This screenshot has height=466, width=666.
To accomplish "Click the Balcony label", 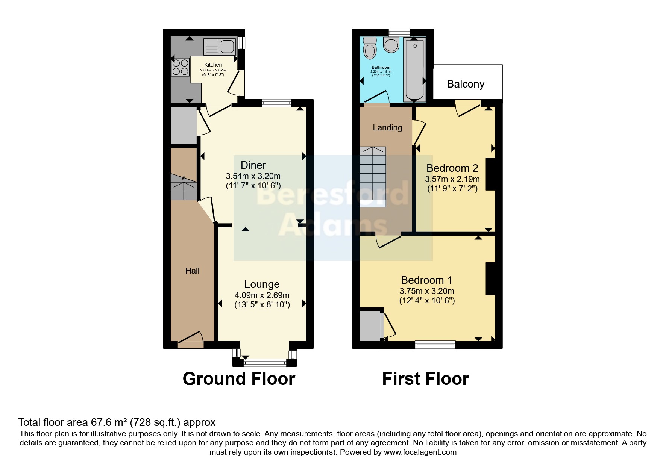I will [x=465, y=84].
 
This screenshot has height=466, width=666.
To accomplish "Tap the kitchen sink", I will [x=219, y=47].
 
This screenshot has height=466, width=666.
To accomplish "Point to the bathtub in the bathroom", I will [x=414, y=69].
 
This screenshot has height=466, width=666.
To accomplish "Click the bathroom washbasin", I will [x=391, y=45].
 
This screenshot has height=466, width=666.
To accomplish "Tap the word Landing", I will [x=387, y=127].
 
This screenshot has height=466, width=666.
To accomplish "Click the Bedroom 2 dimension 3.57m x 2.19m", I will [x=452, y=179].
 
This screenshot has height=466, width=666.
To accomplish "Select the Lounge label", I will [x=262, y=284].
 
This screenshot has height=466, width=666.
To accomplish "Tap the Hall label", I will [x=192, y=271].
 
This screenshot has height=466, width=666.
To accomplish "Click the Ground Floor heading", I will [x=239, y=379].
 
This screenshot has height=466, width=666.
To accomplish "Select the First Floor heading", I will [x=425, y=379].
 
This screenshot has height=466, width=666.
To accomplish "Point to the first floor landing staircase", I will [x=373, y=177].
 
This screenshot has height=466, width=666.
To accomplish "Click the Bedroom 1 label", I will [x=426, y=280].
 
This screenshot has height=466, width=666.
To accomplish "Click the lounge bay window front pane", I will [x=265, y=363].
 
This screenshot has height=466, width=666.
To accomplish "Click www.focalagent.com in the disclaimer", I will [x=420, y=452].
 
